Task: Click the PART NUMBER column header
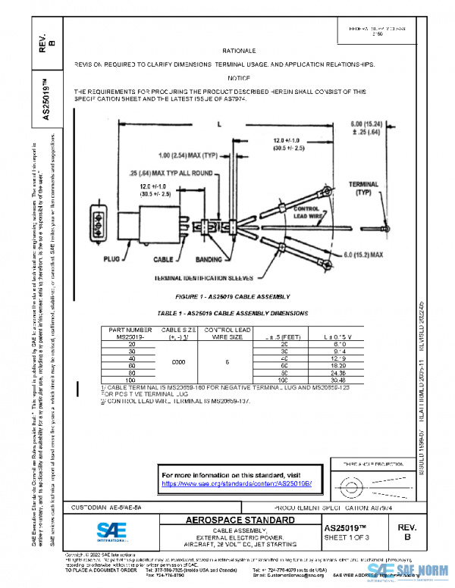130,330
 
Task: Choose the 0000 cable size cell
169,362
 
